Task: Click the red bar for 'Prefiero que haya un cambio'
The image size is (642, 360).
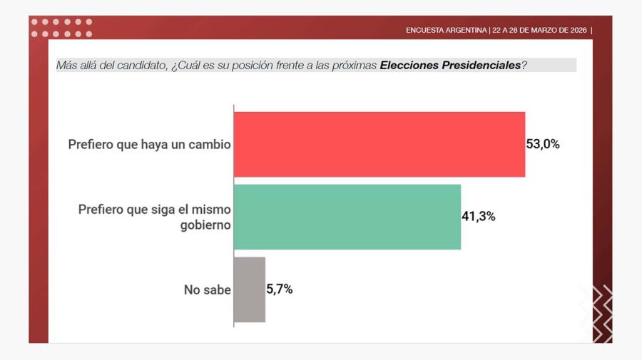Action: (x=379, y=144)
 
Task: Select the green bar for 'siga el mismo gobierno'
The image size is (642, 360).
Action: (x=347, y=217)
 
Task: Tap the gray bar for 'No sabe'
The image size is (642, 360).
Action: (x=250, y=289)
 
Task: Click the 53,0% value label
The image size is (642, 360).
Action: (x=543, y=144)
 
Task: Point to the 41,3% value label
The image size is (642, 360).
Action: (x=479, y=217)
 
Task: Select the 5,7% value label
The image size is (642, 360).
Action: (x=280, y=289)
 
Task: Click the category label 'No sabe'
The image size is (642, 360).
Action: (x=207, y=290)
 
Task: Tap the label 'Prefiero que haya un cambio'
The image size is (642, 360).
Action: (x=149, y=145)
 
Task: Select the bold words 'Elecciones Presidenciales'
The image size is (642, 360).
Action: (x=450, y=66)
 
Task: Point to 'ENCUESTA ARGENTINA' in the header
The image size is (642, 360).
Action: (x=447, y=30)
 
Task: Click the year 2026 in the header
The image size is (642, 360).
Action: (x=575, y=30)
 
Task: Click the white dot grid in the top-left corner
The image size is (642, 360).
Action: (x=61, y=28)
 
